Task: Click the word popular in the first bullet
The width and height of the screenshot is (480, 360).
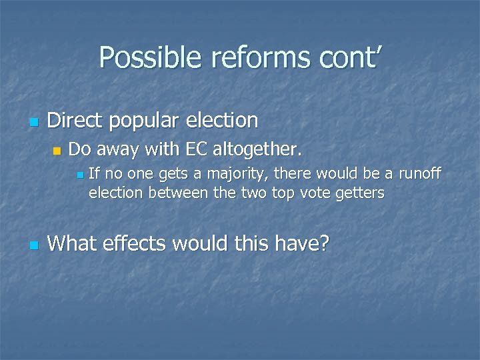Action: (150, 121)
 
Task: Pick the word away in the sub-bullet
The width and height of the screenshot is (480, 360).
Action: (116, 149)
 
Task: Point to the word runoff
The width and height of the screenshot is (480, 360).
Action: (419, 174)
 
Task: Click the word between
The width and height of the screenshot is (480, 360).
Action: (177, 193)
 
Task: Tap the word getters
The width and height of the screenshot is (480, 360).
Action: (360, 193)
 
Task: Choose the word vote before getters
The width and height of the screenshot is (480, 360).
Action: (316, 193)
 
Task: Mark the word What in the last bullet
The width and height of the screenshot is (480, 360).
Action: (73, 243)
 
